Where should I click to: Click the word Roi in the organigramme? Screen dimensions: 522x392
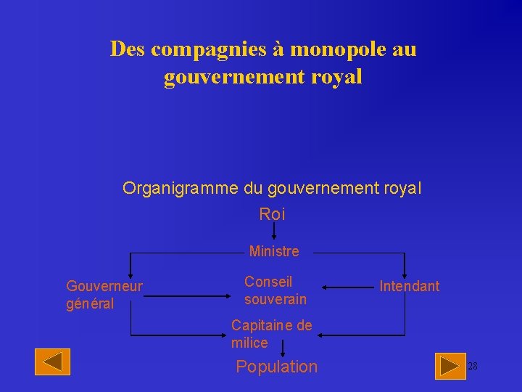pos(272,214)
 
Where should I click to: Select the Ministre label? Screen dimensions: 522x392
pos(273,251)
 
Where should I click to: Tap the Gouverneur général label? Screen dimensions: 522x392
pos(104,295)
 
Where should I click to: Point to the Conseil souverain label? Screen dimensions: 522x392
pos(275,290)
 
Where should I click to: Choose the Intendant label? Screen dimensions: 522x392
pos(409,286)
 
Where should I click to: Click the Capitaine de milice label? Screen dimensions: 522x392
pos(271,334)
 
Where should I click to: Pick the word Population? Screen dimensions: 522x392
pos(276,367)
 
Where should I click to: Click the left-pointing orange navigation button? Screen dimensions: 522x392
pos(52,362)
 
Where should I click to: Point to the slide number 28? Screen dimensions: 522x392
pos(472,366)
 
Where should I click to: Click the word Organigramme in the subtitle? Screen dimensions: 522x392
pos(181,189)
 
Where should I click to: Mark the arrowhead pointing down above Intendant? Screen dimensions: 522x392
pos(405,271)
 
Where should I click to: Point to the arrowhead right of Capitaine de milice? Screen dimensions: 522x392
pos(323,335)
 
